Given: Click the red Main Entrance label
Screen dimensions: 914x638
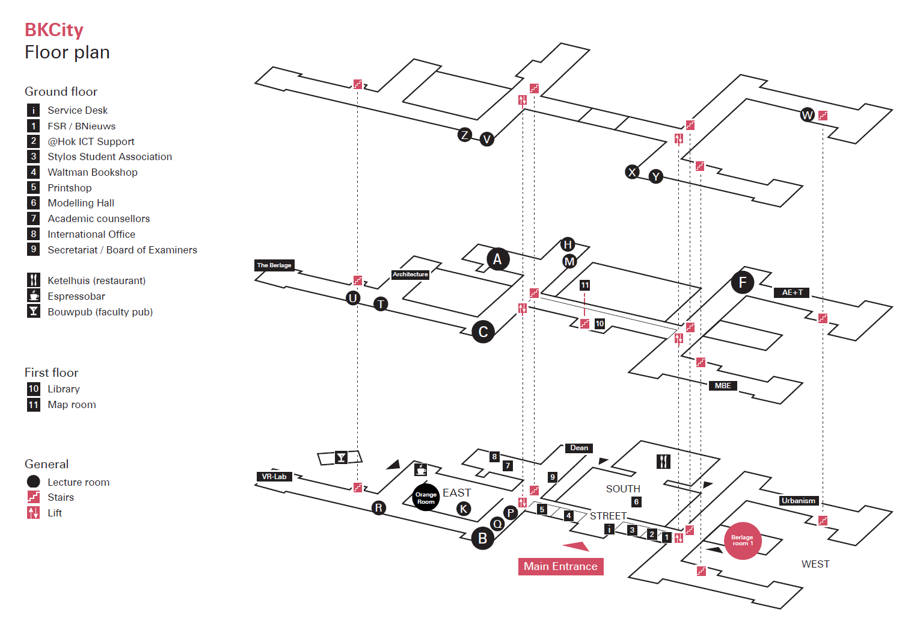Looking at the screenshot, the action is [560, 566].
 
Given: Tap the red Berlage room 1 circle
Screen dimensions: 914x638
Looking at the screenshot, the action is [742, 540].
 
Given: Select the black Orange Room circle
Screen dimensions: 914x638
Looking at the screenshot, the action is [426, 498].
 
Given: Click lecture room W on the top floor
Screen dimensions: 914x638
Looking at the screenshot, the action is [807, 115].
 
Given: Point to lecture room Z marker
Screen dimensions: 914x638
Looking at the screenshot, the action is [464, 135].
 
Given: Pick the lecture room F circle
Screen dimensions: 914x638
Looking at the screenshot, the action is [742, 282].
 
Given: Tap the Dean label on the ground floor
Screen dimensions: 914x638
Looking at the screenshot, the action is [579, 448].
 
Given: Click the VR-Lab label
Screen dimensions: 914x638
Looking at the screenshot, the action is [274, 477].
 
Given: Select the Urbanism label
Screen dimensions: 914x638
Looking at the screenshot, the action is [799, 501].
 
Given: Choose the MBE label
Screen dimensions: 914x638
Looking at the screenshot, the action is [723, 386].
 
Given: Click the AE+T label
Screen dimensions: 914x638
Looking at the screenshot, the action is [791, 293].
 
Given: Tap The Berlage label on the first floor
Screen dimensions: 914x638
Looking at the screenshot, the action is [274, 265].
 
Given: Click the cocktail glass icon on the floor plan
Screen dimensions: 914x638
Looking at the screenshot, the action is [341, 457].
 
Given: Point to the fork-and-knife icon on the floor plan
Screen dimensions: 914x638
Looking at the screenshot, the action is [663, 462].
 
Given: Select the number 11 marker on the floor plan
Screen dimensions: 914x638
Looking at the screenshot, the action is [584, 285].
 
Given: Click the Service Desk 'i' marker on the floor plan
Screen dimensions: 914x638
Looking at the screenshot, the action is [609, 529].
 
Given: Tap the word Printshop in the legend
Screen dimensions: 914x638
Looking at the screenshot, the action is [70, 188].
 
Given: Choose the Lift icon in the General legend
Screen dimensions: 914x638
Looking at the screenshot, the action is [34, 513].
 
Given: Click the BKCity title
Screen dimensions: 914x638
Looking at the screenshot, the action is [54, 30].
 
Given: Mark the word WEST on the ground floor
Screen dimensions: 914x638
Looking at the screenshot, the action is [815, 564].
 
